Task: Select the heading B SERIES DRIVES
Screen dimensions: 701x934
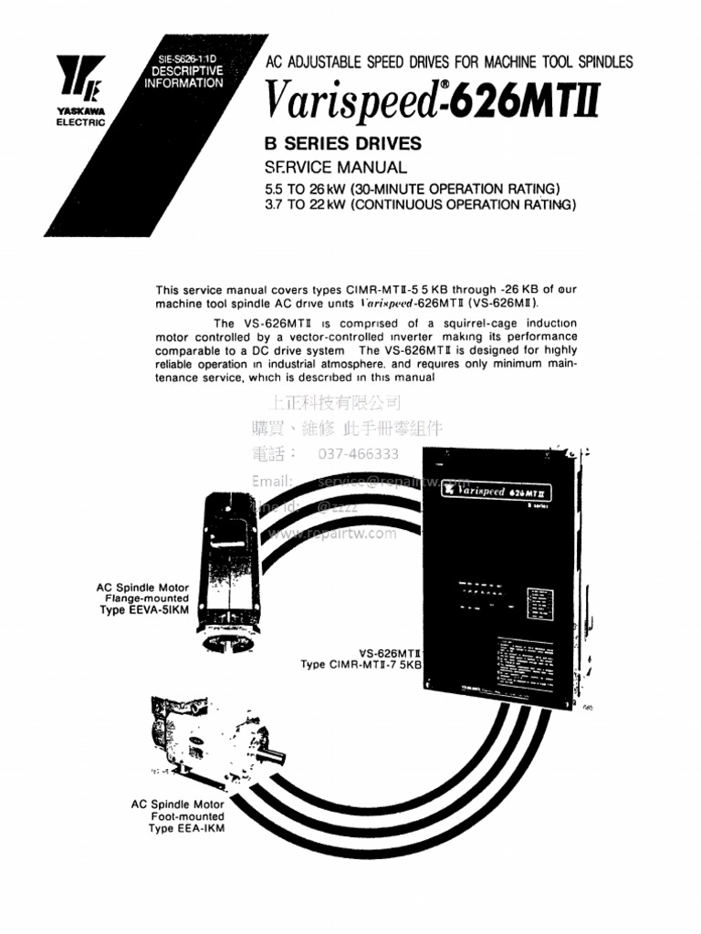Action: (x=342, y=143)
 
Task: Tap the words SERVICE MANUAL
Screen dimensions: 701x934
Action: (x=335, y=168)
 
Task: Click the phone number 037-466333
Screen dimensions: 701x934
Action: (x=358, y=453)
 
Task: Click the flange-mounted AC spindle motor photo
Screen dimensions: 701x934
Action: (x=225, y=570)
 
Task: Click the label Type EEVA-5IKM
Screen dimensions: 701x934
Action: (x=144, y=610)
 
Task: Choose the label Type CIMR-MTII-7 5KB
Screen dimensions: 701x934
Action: (x=361, y=665)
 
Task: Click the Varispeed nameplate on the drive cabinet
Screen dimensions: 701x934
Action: (x=497, y=490)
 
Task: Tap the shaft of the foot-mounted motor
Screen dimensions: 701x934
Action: (x=273, y=754)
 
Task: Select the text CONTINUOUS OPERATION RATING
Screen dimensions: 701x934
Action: (x=464, y=205)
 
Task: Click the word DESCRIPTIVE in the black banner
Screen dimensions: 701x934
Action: (x=186, y=70)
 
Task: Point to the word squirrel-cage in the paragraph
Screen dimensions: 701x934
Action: (x=452, y=324)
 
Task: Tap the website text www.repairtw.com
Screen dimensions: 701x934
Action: (x=332, y=534)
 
